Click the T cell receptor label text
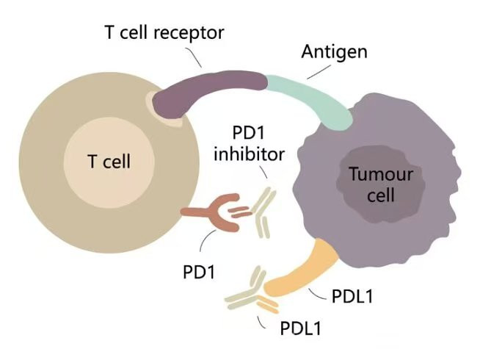162,32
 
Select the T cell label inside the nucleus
110,161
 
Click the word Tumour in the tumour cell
381,176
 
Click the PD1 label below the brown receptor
198,270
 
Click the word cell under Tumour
382,195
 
